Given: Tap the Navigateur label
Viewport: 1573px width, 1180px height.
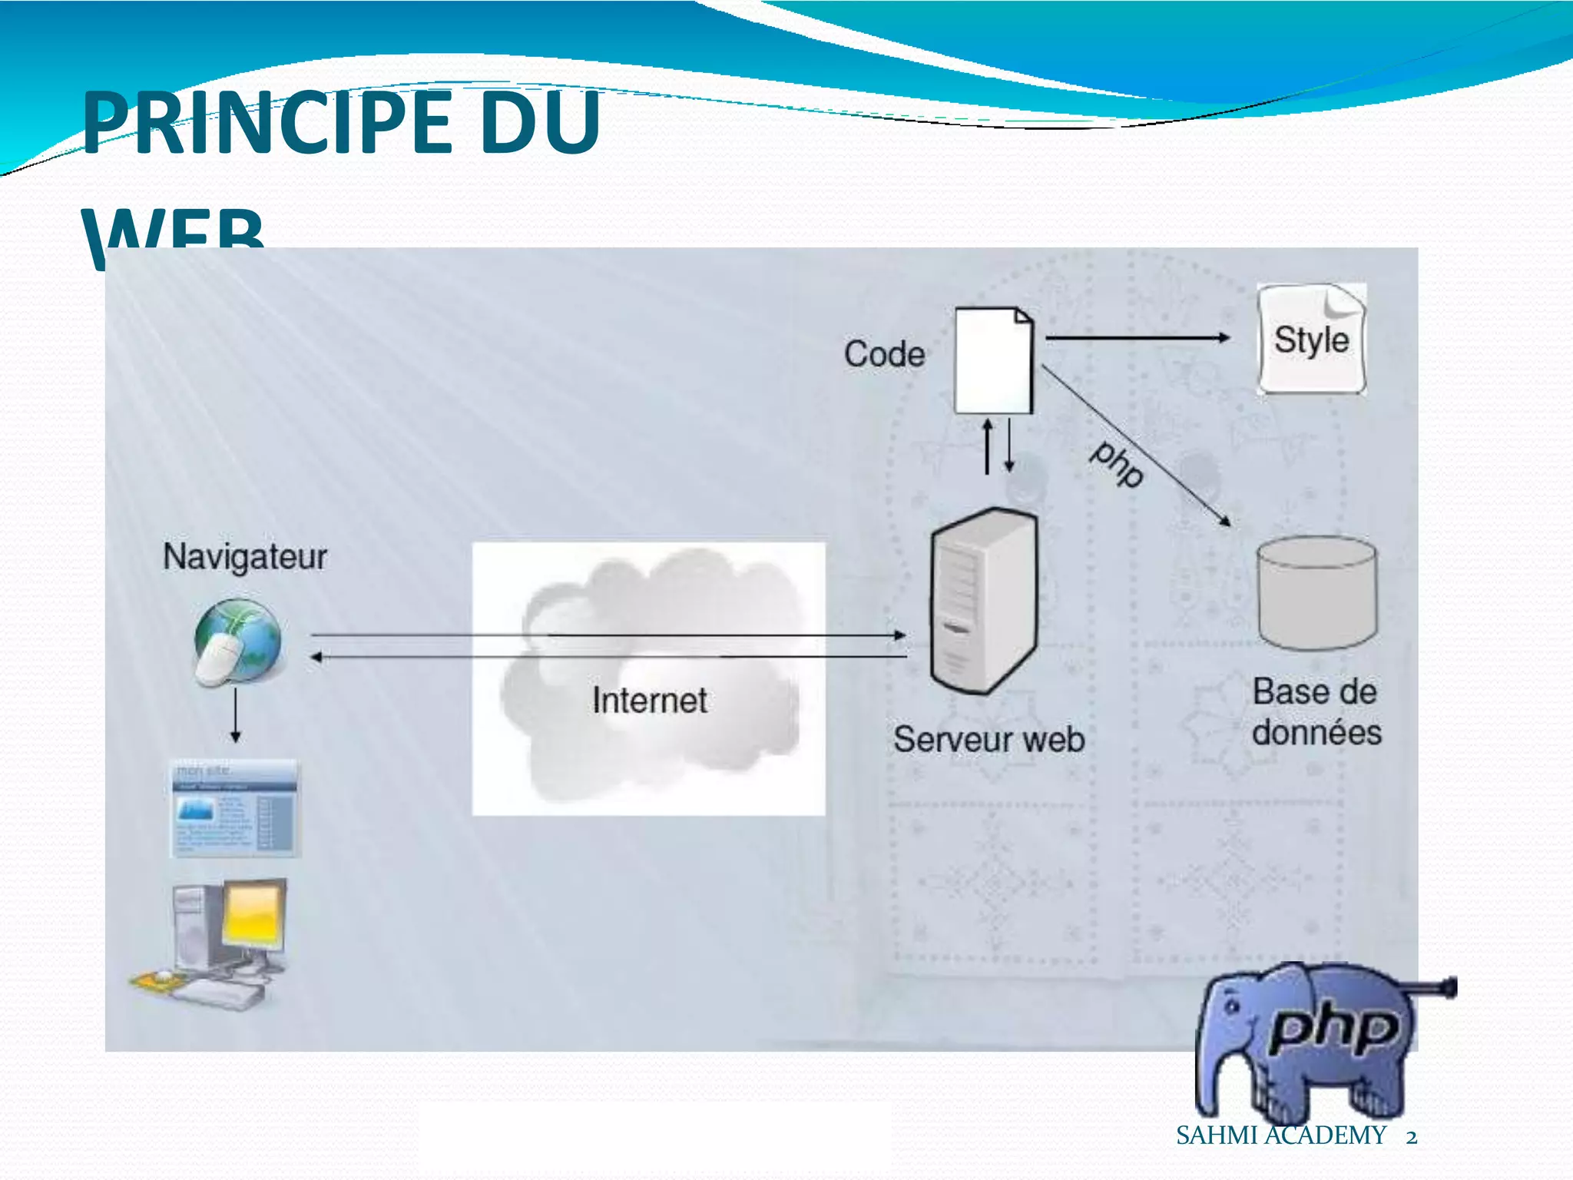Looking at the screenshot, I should tap(244, 556).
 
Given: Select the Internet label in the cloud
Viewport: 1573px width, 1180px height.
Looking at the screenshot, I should tap(650, 701).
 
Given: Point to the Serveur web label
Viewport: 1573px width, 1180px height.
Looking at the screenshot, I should tap(989, 739).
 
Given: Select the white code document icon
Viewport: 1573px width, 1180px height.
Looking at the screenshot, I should tap(993, 360).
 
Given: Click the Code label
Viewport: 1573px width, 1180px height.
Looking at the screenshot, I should tap(884, 354).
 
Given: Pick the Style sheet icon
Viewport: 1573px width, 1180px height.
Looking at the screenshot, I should tap(1311, 339).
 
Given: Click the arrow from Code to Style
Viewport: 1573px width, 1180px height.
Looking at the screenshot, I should tap(1137, 337).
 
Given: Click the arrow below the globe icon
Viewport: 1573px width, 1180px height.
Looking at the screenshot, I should tap(236, 715).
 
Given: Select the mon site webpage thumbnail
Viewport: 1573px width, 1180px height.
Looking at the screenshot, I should tap(234, 808).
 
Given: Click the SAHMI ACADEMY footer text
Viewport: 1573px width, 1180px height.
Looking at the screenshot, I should tap(1280, 1135).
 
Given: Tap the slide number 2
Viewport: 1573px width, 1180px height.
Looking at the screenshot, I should tap(1411, 1136).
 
